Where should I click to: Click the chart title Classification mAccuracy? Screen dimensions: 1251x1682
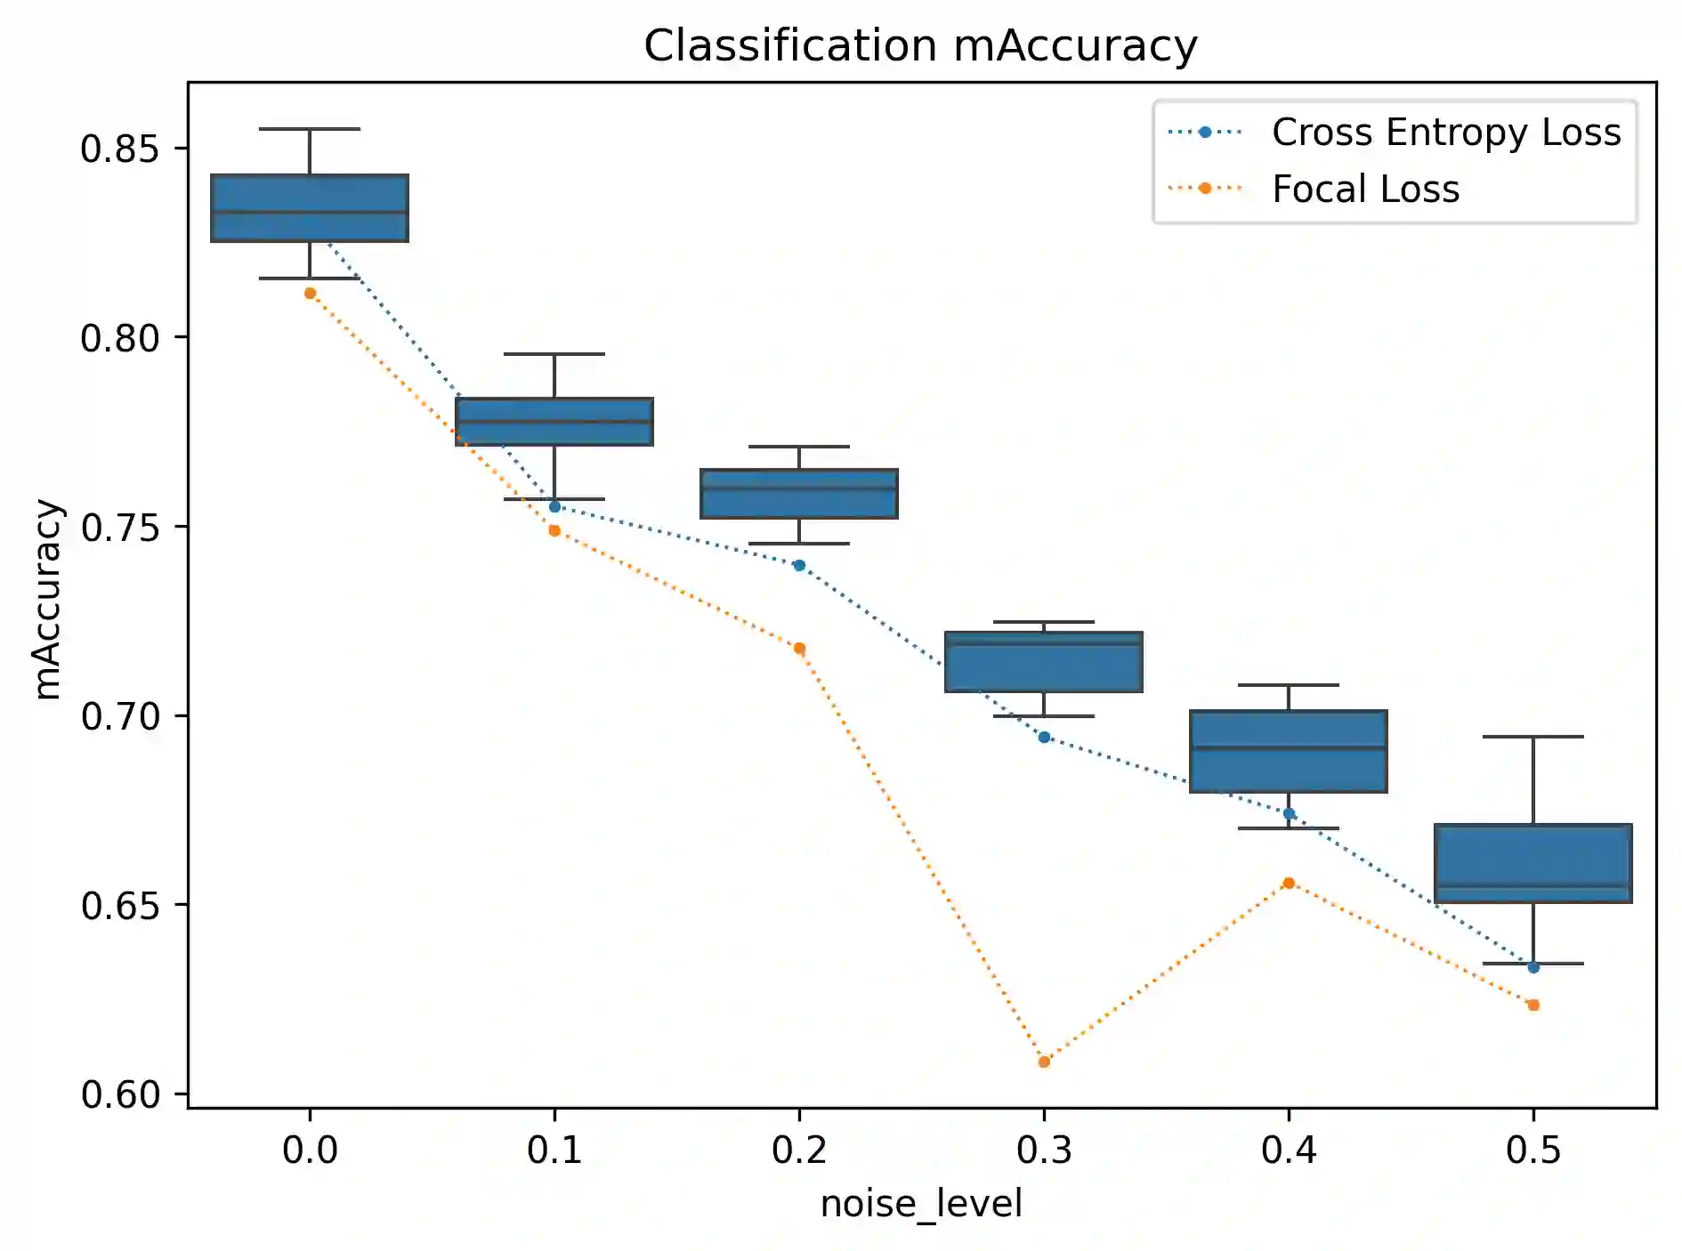pyautogui.click(x=920, y=45)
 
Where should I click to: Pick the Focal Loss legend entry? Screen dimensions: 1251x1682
pyautogui.click(x=1365, y=189)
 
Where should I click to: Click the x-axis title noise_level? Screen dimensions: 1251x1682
pyautogui.click(x=921, y=1204)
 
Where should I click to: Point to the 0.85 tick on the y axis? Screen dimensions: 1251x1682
pyautogui.click(x=120, y=149)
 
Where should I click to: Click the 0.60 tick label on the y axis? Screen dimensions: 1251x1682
pyautogui.click(x=120, y=1094)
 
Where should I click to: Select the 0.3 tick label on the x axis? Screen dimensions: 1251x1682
pyautogui.click(x=1044, y=1150)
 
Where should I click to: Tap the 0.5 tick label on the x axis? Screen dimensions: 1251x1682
pyautogui.click(x=1532, y=1150)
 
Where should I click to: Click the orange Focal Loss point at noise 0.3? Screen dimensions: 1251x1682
pyautogui.click(x=1044, y=1061)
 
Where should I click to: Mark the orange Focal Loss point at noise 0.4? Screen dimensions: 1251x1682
pyautogui.click(x=1289, y=883)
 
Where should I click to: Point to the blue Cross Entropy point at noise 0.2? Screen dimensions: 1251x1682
pyautogui.click(x=799, y=565)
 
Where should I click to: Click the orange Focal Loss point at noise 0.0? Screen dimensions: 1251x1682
pyautogui.click(x=310, y=293)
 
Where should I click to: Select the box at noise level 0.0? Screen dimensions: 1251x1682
pyautogui.click(x=310, y=208)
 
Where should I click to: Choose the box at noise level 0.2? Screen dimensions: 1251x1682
pyautogui.click(x=799, y=494)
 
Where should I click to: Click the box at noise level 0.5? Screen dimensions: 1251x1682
pyautogui.click(x=1532, y=863)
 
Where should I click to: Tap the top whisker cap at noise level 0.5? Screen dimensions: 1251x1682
pyautogui.click(x=1532, y=737)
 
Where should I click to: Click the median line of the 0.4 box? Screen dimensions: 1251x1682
pyautogui.click(x=1289, y=747)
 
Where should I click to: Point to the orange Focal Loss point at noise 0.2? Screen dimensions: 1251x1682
pyautogui.click(x=799, y=649)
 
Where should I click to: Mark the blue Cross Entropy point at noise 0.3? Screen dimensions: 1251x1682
pyautogui.click(x=1044, y=737)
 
